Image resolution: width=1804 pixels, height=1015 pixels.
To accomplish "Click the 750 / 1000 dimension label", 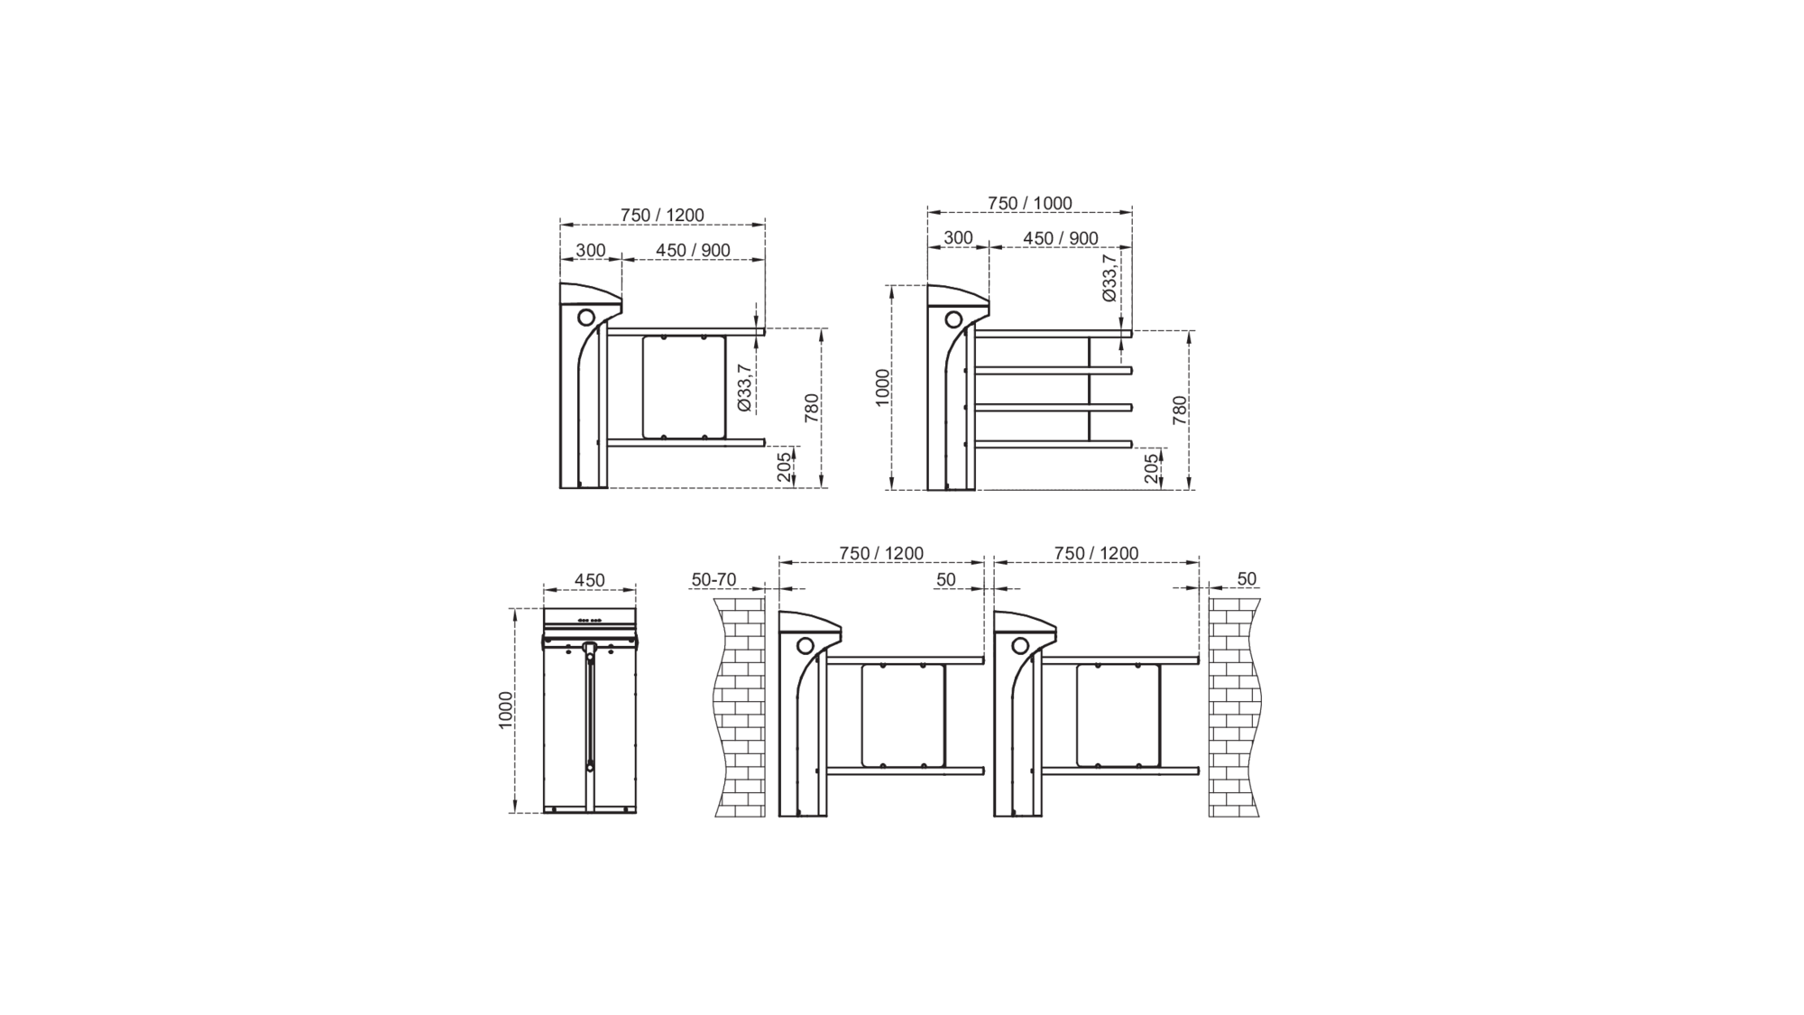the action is click(1029, 203).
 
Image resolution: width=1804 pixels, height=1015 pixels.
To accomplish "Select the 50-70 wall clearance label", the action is click(713, 579).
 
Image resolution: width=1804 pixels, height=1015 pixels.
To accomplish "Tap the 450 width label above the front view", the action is click(589, 580).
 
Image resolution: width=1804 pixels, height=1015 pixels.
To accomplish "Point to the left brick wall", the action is click(740, 707).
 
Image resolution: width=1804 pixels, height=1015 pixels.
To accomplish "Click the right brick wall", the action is click(1235, 707).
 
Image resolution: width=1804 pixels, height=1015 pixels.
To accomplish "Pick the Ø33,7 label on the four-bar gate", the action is click(1109, 277).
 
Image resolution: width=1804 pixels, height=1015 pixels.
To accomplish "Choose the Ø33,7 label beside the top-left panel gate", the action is click(744, 387).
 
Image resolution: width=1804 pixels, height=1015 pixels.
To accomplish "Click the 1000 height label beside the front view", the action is click(505, 710).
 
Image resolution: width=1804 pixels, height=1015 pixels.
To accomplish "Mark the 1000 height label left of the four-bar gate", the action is click(882, 387).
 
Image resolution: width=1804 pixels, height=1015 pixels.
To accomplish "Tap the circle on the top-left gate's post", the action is click(586, 318).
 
